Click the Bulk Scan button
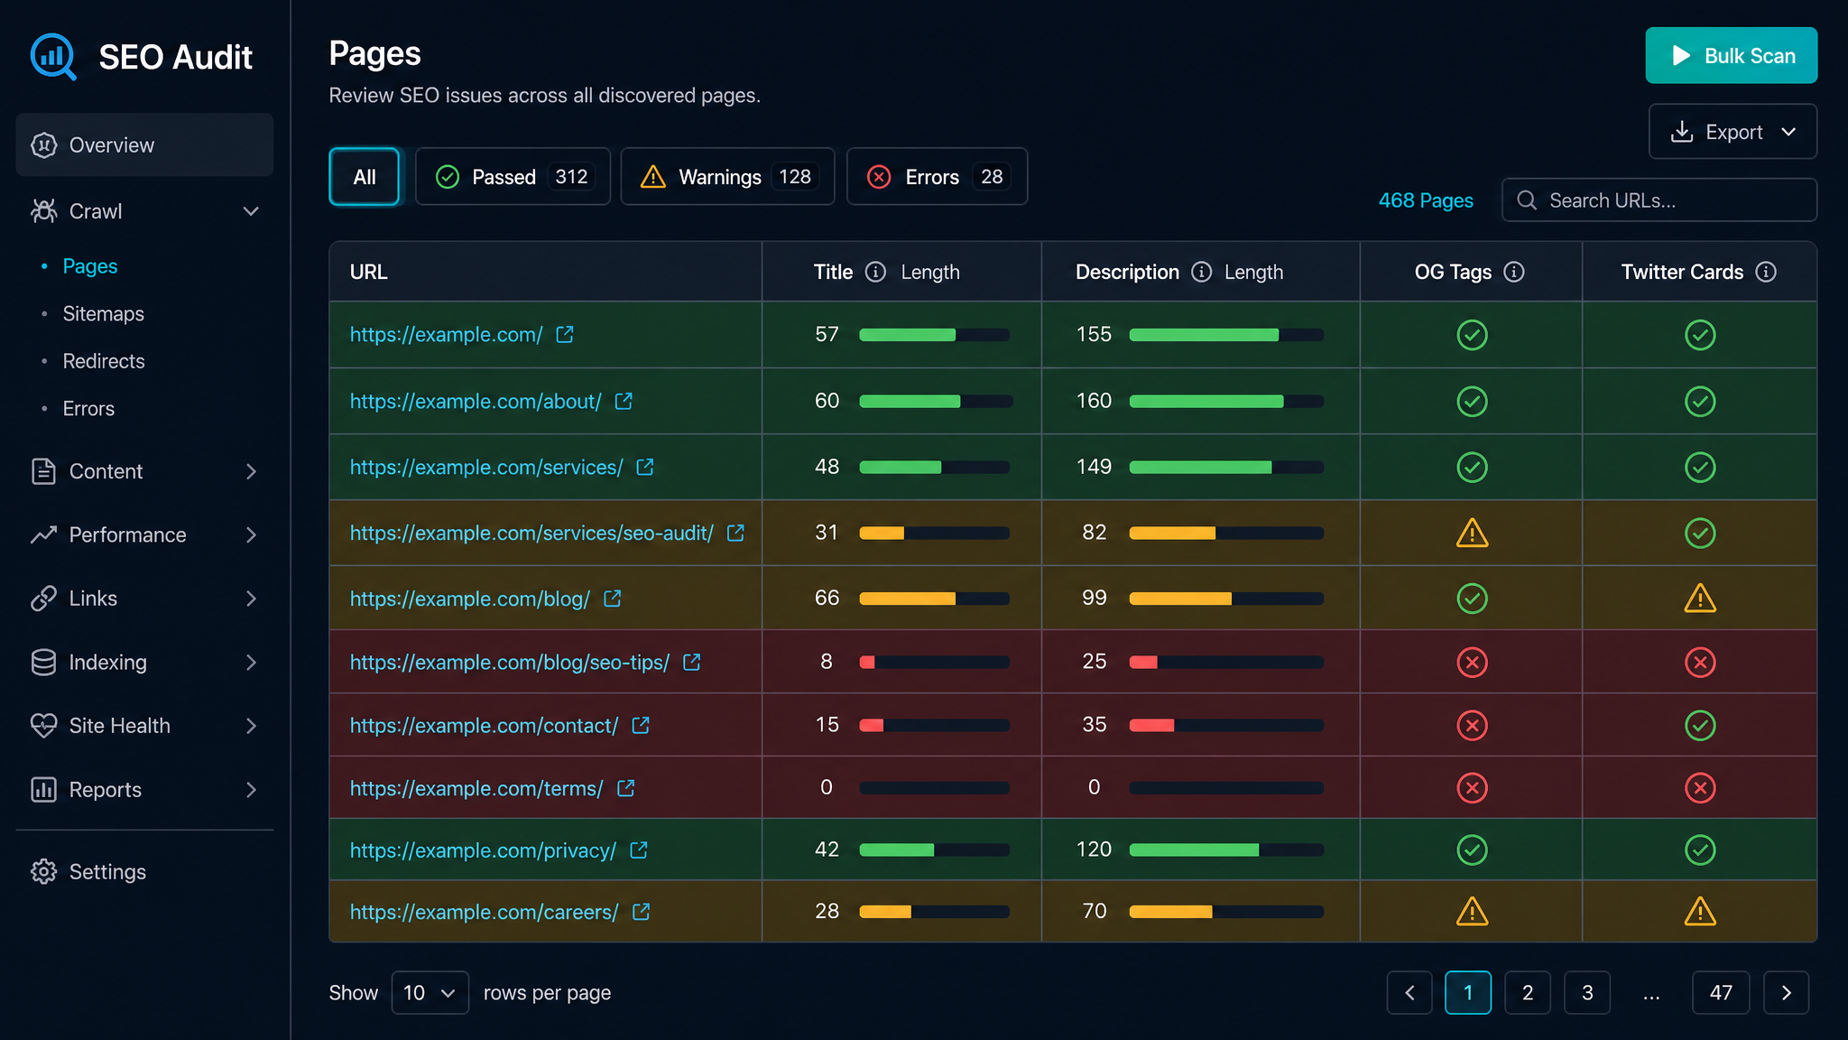pyautogui.click(x=1731, y=55)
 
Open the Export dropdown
pyautogui.click(x=1732, y=132)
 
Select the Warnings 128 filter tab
pyautogui.click(x=727, y=176)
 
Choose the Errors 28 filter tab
pyautogui.click(x=937, y=176)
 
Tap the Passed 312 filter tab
pyautogui.click(x=513, y=176)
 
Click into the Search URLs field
pyautogui.click(x=1659, y=200)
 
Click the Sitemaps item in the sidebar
pyautogui.click(x=104, y=313)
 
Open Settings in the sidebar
pyautogui.click(x=107, y=871)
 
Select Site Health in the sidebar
pyautogui.click(x=119, y=726)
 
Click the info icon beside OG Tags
pyautogui.click(x=1514, y=272)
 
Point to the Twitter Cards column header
pyautogui.click(x=1682, y=272)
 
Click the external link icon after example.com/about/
pyautogui.click(x=624, y=401)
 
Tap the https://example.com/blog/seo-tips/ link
pyautogui.click(x=510, y=663)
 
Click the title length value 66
pyautogui.click(x=827, y=598)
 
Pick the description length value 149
pyautogui.click(x=1094, y=467)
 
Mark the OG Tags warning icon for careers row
pyautogui.click(x=1472, y=912)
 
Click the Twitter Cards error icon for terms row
pyautogui.click(x=1700, y=788)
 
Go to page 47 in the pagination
pyautogui.click(x=1721, y=993)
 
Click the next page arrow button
pyautogui.click(x=1786, y=993)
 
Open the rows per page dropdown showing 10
pyautogui.click(x=430, y=993)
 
